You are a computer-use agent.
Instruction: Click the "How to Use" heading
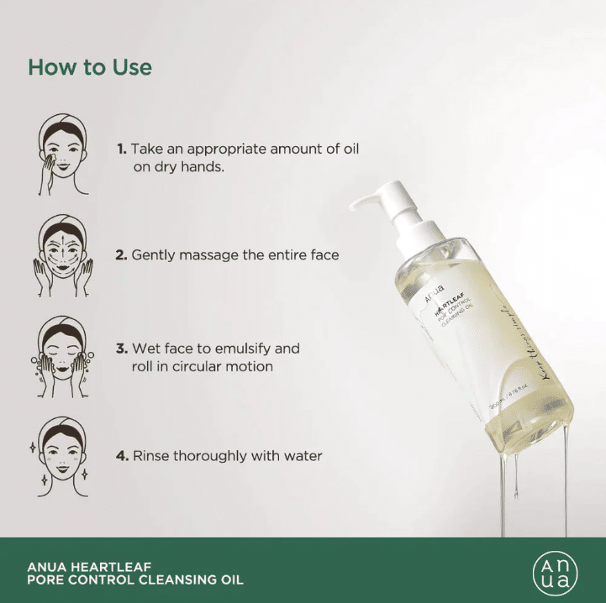click(90, 67)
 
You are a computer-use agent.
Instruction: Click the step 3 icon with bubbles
click(63, 357)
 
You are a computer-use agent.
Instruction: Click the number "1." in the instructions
click(122, 149)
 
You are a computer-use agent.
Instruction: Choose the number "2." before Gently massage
click(122, 254)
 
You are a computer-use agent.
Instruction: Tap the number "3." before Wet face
click(122, 348)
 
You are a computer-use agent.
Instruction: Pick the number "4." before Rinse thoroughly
click(122, 456)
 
